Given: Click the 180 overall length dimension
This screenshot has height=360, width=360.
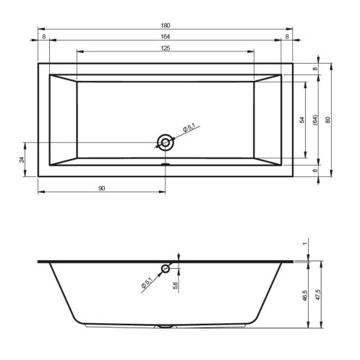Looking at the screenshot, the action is pos(166,25).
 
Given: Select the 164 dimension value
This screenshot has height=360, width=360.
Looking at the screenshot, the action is pos(166,36).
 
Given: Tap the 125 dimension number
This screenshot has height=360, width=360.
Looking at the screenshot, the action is pos(166,48).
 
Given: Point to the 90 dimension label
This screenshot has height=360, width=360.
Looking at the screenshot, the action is pos(102,189).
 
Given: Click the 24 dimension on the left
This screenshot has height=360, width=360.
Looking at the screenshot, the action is pos(22,160).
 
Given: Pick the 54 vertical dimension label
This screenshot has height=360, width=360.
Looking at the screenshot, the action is pos(302,120).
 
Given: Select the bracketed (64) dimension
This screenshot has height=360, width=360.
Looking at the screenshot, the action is pos(315,120).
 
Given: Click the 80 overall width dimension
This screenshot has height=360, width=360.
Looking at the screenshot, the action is pos(327,120).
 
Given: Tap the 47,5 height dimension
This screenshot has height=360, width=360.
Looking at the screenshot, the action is pos(318,295).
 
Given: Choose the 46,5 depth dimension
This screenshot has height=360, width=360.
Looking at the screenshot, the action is pos(305,296).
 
